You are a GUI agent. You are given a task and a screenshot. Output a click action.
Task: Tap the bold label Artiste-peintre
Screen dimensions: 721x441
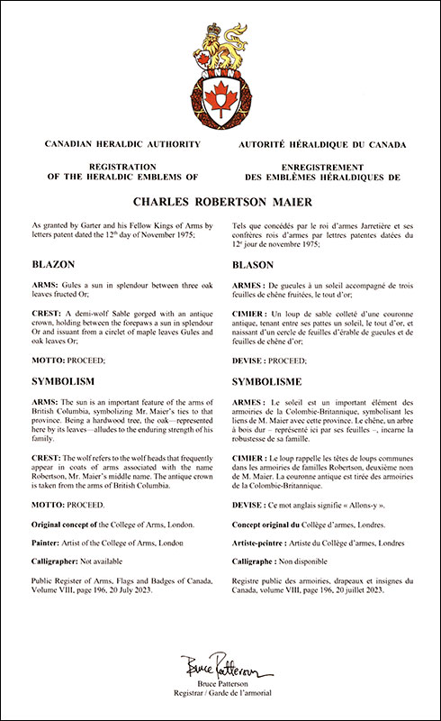tap(265, 544)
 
